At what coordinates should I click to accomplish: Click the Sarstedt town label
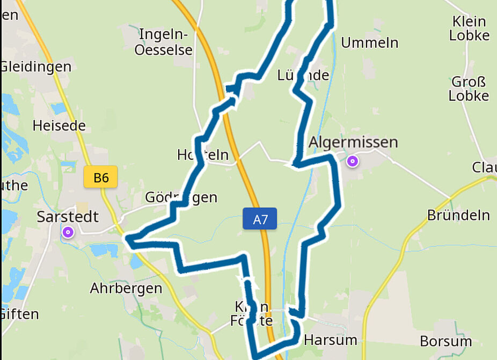[x=68, y=217]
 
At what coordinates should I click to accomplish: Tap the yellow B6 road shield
[x=100, y=178]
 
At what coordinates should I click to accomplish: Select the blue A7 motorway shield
[x=260, y=218]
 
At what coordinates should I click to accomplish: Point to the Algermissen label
[x=354, y=142]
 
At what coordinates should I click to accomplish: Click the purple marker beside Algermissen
[x=353, y=160]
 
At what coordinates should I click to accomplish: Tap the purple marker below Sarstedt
[x=68, y=232]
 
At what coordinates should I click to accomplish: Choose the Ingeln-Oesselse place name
[x=164, y=42]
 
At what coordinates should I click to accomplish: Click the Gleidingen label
[x=36, y=67]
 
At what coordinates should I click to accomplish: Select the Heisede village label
[x=59, y=126]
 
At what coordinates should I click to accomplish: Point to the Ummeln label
[x=370, y=43]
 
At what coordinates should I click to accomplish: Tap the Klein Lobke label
[x=469, y=29]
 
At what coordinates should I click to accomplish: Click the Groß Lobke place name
[x=469, y=89]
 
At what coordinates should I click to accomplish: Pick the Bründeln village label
[x=458, y=215]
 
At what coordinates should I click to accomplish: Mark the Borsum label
[x=445, y=341]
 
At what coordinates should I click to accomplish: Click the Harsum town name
[x=330, y=340]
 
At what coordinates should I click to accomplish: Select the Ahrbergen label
[x=126, y=288]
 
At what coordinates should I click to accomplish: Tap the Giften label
[x=20, y=314]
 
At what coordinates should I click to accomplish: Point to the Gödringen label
[x=181, y=197]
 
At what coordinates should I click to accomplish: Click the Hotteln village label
[x=203, y=155]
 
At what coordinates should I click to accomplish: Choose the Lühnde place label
[x=303, y=75]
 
